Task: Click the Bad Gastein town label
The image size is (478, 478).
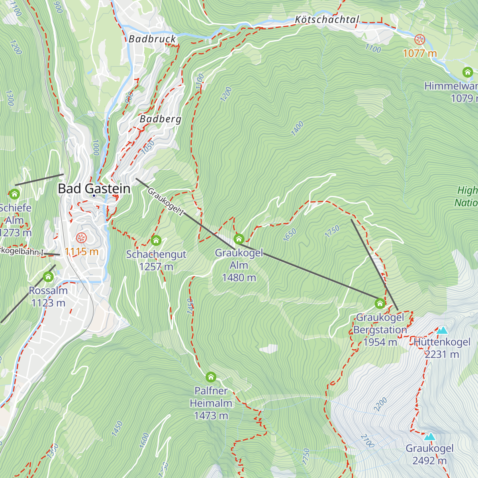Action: tap(94, 188)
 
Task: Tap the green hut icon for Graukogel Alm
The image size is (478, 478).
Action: tap(239, 239)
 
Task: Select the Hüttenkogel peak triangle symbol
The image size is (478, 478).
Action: tap(442, 330)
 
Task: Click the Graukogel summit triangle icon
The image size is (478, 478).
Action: tap(429, 437)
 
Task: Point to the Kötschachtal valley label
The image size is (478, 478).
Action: tap(327, 20)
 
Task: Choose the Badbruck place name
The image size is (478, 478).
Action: tap(152, 39)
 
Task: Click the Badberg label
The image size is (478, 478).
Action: tap(161, 119)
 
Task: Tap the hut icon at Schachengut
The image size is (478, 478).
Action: tap(156, 241)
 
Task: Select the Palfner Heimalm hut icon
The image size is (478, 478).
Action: tap(211, 377)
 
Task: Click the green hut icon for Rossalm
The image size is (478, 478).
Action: tap(48, 277)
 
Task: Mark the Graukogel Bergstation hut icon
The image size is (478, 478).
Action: tap(380, 304)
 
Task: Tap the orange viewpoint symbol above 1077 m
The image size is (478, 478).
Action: tap(419, 39)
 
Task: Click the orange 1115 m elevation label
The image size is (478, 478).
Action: tap(82, 252)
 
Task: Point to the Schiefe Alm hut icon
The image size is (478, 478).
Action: tap(15, 194)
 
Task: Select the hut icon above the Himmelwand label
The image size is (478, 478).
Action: tap(467, 72)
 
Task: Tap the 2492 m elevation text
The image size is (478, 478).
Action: tap(429, 461)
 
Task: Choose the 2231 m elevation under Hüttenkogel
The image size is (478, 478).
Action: tap(442, 355)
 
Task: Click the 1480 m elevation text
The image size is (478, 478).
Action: tap(239, 278)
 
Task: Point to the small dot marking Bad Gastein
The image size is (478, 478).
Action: tap(94, 196)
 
